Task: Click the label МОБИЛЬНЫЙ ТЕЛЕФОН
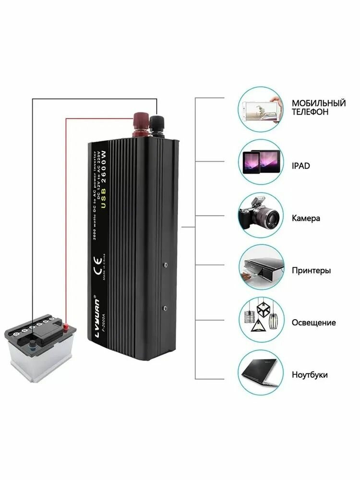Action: click(x=319, y=108)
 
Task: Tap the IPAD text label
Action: click(x=301, y=166)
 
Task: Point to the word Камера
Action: click(x=306, y=218)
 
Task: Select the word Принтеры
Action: click(x=311, y=270)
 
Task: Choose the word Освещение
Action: click(x=313, y=323)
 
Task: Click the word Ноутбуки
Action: click(x=310, y=375)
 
